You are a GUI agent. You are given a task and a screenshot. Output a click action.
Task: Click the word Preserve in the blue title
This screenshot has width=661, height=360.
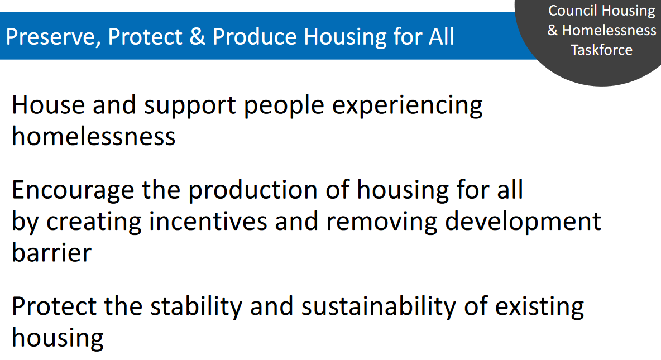point(53,37)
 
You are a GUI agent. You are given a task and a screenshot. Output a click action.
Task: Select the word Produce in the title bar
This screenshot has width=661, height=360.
point(255,36)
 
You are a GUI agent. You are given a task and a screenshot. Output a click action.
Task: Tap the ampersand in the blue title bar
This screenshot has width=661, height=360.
point(197,36)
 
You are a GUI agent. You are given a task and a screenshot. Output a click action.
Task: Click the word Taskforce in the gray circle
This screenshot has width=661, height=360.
point(602,50)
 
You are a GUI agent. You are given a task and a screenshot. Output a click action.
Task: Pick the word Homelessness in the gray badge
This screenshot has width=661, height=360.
point(609,30)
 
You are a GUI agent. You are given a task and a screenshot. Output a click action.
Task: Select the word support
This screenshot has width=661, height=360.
point(190,106)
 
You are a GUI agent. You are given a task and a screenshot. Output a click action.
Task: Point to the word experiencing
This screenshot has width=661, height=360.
point(407,106)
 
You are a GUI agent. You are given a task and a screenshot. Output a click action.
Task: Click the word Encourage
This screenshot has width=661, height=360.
point(73,190)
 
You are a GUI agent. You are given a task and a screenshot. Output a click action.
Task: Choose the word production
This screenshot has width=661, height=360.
point(252,190)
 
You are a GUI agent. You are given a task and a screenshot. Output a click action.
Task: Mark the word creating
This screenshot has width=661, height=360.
point(94,222)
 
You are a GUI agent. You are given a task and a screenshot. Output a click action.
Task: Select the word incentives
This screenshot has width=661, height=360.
point(208,222)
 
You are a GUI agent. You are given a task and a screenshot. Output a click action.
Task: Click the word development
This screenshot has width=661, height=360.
point(523,222)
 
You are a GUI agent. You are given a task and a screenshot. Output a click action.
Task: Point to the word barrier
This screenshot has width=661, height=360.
point(51,252)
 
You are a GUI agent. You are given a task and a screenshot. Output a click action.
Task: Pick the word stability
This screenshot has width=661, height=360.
point(196,307)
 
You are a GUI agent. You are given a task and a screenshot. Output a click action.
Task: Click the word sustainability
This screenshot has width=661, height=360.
point(379,307)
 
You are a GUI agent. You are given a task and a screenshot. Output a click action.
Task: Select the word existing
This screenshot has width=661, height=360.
point(540,307)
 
